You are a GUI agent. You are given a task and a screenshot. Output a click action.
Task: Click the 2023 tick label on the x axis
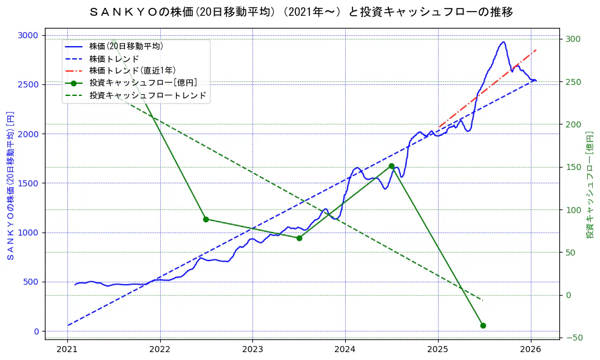click(252, 349)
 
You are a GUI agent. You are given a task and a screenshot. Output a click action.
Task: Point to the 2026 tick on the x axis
click(531, 349)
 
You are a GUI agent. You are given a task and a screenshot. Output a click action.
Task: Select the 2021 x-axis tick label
click(67, 349)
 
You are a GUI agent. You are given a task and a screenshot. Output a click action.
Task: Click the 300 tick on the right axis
click(573, 39)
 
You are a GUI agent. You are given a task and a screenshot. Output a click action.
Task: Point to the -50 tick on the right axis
click(573, 338)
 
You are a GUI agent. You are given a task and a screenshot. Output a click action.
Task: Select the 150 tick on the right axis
click(573, 168)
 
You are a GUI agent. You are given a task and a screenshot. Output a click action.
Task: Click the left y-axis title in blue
click(10, 185)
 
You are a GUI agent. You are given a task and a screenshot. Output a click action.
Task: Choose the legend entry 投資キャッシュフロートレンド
click(147, 95)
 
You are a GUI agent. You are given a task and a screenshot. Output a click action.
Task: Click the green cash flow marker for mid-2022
click(206, 219)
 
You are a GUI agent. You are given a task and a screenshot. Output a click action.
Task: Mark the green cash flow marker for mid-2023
click(299, 238)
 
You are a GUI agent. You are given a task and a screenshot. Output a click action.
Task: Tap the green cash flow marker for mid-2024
click(391, 166)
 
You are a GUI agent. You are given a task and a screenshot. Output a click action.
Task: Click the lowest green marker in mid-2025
click(483, 325)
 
